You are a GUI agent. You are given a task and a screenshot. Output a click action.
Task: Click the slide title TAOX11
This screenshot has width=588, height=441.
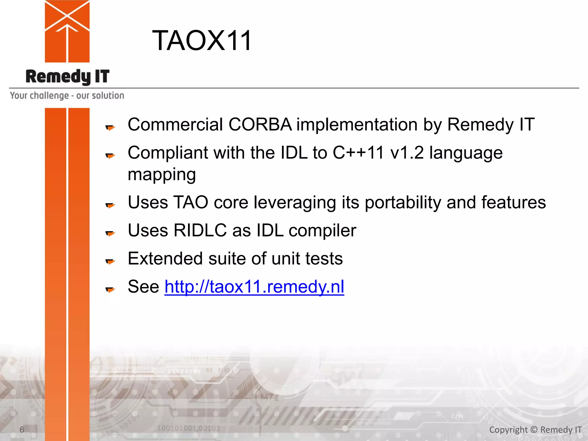click(202, 41)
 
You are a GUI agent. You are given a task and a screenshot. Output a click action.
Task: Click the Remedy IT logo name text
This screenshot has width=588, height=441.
click(67, 77)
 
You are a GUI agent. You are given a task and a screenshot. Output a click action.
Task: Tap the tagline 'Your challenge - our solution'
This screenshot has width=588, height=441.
click(67, 95)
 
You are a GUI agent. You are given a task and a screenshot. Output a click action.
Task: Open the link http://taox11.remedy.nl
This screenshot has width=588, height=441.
click(254, 287)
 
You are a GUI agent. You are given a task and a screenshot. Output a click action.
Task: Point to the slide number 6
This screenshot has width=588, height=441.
click(22, 430)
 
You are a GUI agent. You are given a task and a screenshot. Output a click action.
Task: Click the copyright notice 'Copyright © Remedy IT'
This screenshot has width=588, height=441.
click(535, 430)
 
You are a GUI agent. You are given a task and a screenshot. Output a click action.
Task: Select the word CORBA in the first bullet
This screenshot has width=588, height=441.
click(260, 125)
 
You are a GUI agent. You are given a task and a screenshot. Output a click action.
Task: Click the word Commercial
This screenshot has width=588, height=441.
click(175, 125)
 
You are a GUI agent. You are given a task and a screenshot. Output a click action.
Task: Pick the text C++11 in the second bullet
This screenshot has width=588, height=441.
click(358, 152)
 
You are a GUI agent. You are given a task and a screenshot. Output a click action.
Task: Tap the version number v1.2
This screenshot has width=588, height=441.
click(407, 152)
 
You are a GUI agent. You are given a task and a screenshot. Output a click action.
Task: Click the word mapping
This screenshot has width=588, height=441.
click(162, 175)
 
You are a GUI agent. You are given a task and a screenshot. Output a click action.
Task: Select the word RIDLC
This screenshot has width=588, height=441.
click(200, 230)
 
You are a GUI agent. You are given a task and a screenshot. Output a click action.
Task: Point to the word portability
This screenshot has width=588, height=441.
click(403, 202)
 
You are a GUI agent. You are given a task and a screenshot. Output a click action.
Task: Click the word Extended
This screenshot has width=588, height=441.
click(165, 258)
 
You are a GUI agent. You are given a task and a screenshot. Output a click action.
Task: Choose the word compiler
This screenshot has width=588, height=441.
click(322, 230)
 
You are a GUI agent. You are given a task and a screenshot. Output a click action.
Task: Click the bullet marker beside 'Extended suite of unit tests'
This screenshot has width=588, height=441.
click(110, 261)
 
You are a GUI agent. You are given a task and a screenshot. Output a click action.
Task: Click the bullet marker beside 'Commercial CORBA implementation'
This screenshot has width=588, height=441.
click(110, 127)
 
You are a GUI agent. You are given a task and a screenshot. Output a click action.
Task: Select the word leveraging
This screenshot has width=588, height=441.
click(295, 202)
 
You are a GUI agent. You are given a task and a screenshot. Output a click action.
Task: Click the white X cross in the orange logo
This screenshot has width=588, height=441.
click(67, 15)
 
